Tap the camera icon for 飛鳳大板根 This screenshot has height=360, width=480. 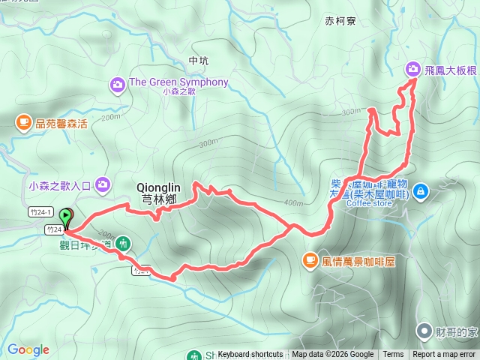click(x=412, y=69)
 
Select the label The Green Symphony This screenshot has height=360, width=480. click(x=178, y=82)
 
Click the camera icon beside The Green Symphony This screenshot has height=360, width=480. click(x=118, y=83)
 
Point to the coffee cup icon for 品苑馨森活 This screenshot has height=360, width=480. click(x=24, y=121)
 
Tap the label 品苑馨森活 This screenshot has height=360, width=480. click(x=61, y=122)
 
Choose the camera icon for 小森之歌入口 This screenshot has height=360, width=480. click(x=102, y=184)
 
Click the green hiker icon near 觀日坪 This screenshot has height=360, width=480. click(x=124, y=243)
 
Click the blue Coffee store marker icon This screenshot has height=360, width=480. click(x=421, y=191)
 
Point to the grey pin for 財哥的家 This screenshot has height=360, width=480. click(x=425, y=331)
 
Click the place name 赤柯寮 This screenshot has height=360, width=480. click(x=341, y=21)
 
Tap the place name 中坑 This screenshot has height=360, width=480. click(x=199, y=60)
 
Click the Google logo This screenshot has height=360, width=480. click(x=28, y=349)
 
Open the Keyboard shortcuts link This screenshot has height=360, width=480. click(x=250, y=355)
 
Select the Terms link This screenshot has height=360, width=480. click(x=393, y=355)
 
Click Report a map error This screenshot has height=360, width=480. click(x=445, y=355)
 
